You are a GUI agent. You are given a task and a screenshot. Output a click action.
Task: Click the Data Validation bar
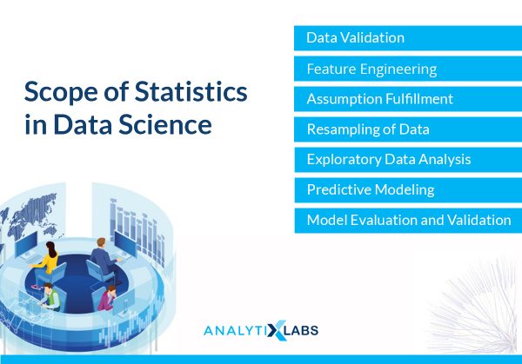[408, 38]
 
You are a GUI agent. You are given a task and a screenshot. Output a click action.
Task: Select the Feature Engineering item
[408, 69]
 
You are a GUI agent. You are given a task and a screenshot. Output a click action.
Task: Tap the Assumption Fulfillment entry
[408, 99]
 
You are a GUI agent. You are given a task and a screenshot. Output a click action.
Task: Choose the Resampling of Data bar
[408, 129]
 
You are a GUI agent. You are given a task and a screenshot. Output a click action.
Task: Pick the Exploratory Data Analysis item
[408, 160]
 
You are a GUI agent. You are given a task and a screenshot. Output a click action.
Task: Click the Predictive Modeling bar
[408, 189]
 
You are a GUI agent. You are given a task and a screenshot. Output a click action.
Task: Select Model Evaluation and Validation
[408, 221]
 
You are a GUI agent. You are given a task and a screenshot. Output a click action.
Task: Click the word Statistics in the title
[191, 91]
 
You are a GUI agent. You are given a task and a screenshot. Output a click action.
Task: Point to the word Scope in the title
[61, 93]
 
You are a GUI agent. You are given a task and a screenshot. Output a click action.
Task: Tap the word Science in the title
[165, 124]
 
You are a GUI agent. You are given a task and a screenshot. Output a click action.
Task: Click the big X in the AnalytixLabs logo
[276, 330]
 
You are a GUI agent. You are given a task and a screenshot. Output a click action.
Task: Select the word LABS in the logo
[302, 330]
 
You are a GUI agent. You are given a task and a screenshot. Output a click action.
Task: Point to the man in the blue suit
[104, 256]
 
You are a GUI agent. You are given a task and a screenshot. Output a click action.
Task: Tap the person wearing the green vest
[50, 297]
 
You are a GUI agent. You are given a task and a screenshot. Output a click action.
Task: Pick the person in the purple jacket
[107, 297]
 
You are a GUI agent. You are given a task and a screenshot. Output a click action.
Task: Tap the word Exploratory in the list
[345, 160]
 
